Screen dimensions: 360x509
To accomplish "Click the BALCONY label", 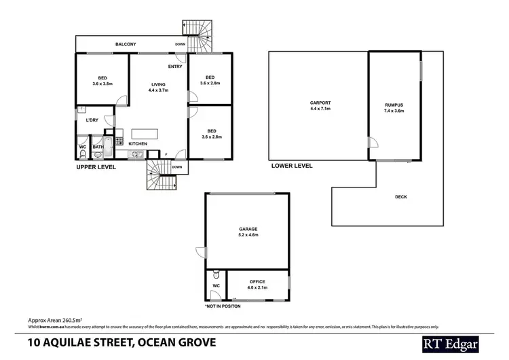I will (x=125, y=44).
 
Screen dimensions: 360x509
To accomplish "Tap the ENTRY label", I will (x=175, y=66).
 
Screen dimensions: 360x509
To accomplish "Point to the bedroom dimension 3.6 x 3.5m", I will (x=102, y=83).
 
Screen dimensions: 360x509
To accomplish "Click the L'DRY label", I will (x=92, y=120).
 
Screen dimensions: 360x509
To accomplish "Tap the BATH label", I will (x=98, y=146).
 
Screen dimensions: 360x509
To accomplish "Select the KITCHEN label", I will (x=138, y=144).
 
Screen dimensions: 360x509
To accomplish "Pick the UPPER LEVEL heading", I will (x=96, y=166).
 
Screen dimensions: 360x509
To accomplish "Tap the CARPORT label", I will (x=319, y=103).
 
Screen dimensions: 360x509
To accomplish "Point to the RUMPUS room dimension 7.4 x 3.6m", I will (x=394, y=111).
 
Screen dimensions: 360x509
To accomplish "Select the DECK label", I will (x=400, y=197).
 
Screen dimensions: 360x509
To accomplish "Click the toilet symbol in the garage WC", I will (x=215, y=275).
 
